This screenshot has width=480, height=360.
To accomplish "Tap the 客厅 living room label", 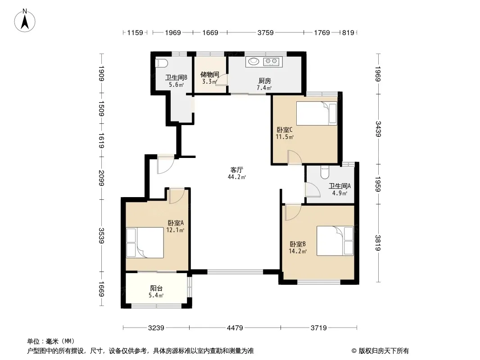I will point(237,170).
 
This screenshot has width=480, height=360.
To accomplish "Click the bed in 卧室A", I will point(145,243).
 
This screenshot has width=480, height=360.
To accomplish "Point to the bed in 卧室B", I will point(335,241).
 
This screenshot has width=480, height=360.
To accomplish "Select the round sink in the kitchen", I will point(254,61).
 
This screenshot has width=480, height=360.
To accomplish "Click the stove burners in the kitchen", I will point(272,61).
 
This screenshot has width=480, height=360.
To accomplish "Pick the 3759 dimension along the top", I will point(265,32).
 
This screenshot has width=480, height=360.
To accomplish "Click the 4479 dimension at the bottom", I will point(235,328).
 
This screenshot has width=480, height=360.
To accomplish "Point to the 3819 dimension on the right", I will point(378,243).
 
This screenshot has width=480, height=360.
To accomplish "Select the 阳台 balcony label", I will point(156,289).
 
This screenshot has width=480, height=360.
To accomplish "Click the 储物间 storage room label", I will point(210,75).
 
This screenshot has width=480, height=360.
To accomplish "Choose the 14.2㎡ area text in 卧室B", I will point(297,251).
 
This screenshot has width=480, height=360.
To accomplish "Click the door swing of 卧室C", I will point(294,157).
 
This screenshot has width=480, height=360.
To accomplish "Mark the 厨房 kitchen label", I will point(264,81).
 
